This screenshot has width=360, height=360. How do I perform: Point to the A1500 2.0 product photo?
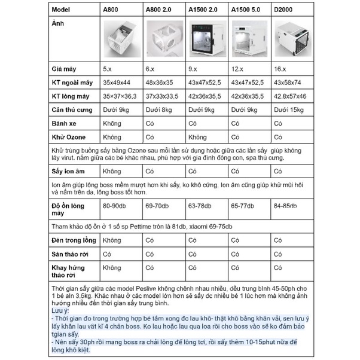(x=205, y=37)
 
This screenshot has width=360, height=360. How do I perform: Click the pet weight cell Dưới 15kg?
(x=288, y=110)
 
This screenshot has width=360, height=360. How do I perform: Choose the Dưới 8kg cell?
(x=157, y=110)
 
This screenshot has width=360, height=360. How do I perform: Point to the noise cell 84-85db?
(x=287, y=206)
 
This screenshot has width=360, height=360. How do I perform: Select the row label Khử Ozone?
(x=69, y=137)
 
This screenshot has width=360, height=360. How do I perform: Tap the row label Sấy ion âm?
(x=69, y=171)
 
